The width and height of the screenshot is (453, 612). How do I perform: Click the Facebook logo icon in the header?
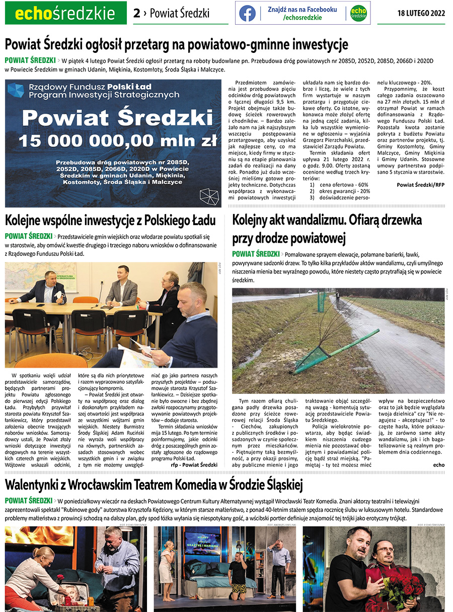point(247,13)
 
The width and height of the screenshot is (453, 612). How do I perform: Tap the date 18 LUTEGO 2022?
point(421,13)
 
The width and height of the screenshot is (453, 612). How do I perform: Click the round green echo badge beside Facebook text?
point(358,13)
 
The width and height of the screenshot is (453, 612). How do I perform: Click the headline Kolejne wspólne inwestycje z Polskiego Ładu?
point(110,220)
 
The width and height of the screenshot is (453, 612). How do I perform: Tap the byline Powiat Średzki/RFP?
point(420,185)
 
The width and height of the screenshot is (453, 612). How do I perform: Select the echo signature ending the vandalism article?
point(438,465)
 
